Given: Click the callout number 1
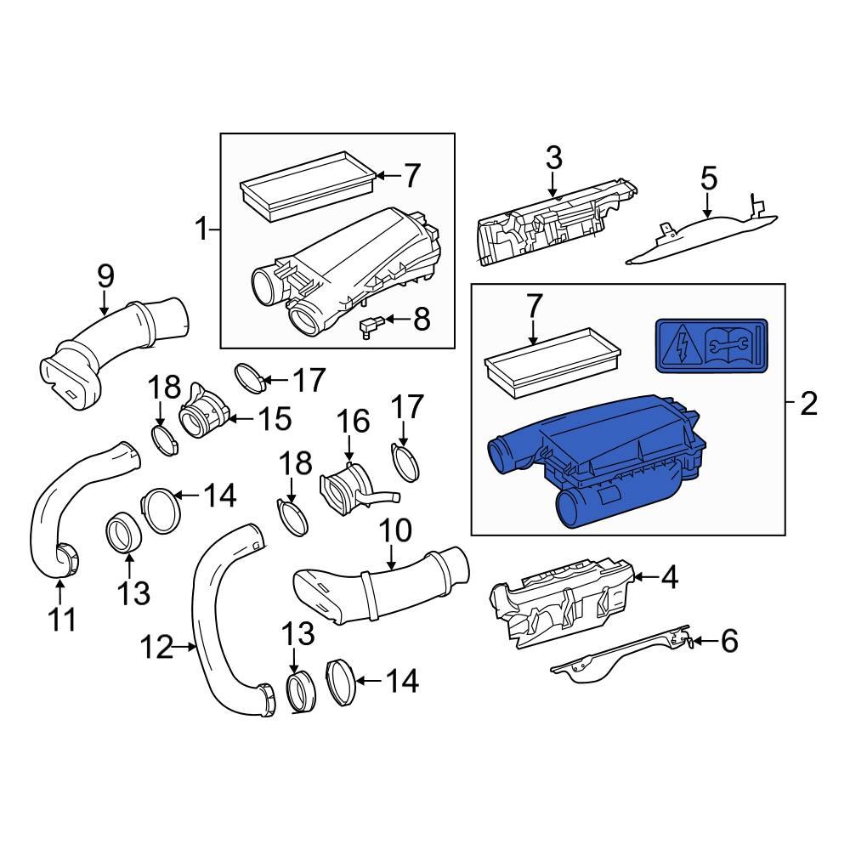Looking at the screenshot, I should pos(201,229).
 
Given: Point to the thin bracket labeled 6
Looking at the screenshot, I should pos(620,656).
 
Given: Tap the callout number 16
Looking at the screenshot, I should pos(354,422).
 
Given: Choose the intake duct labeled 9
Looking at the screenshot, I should pos(110,348).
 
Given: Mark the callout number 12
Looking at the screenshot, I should pos(157,649).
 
